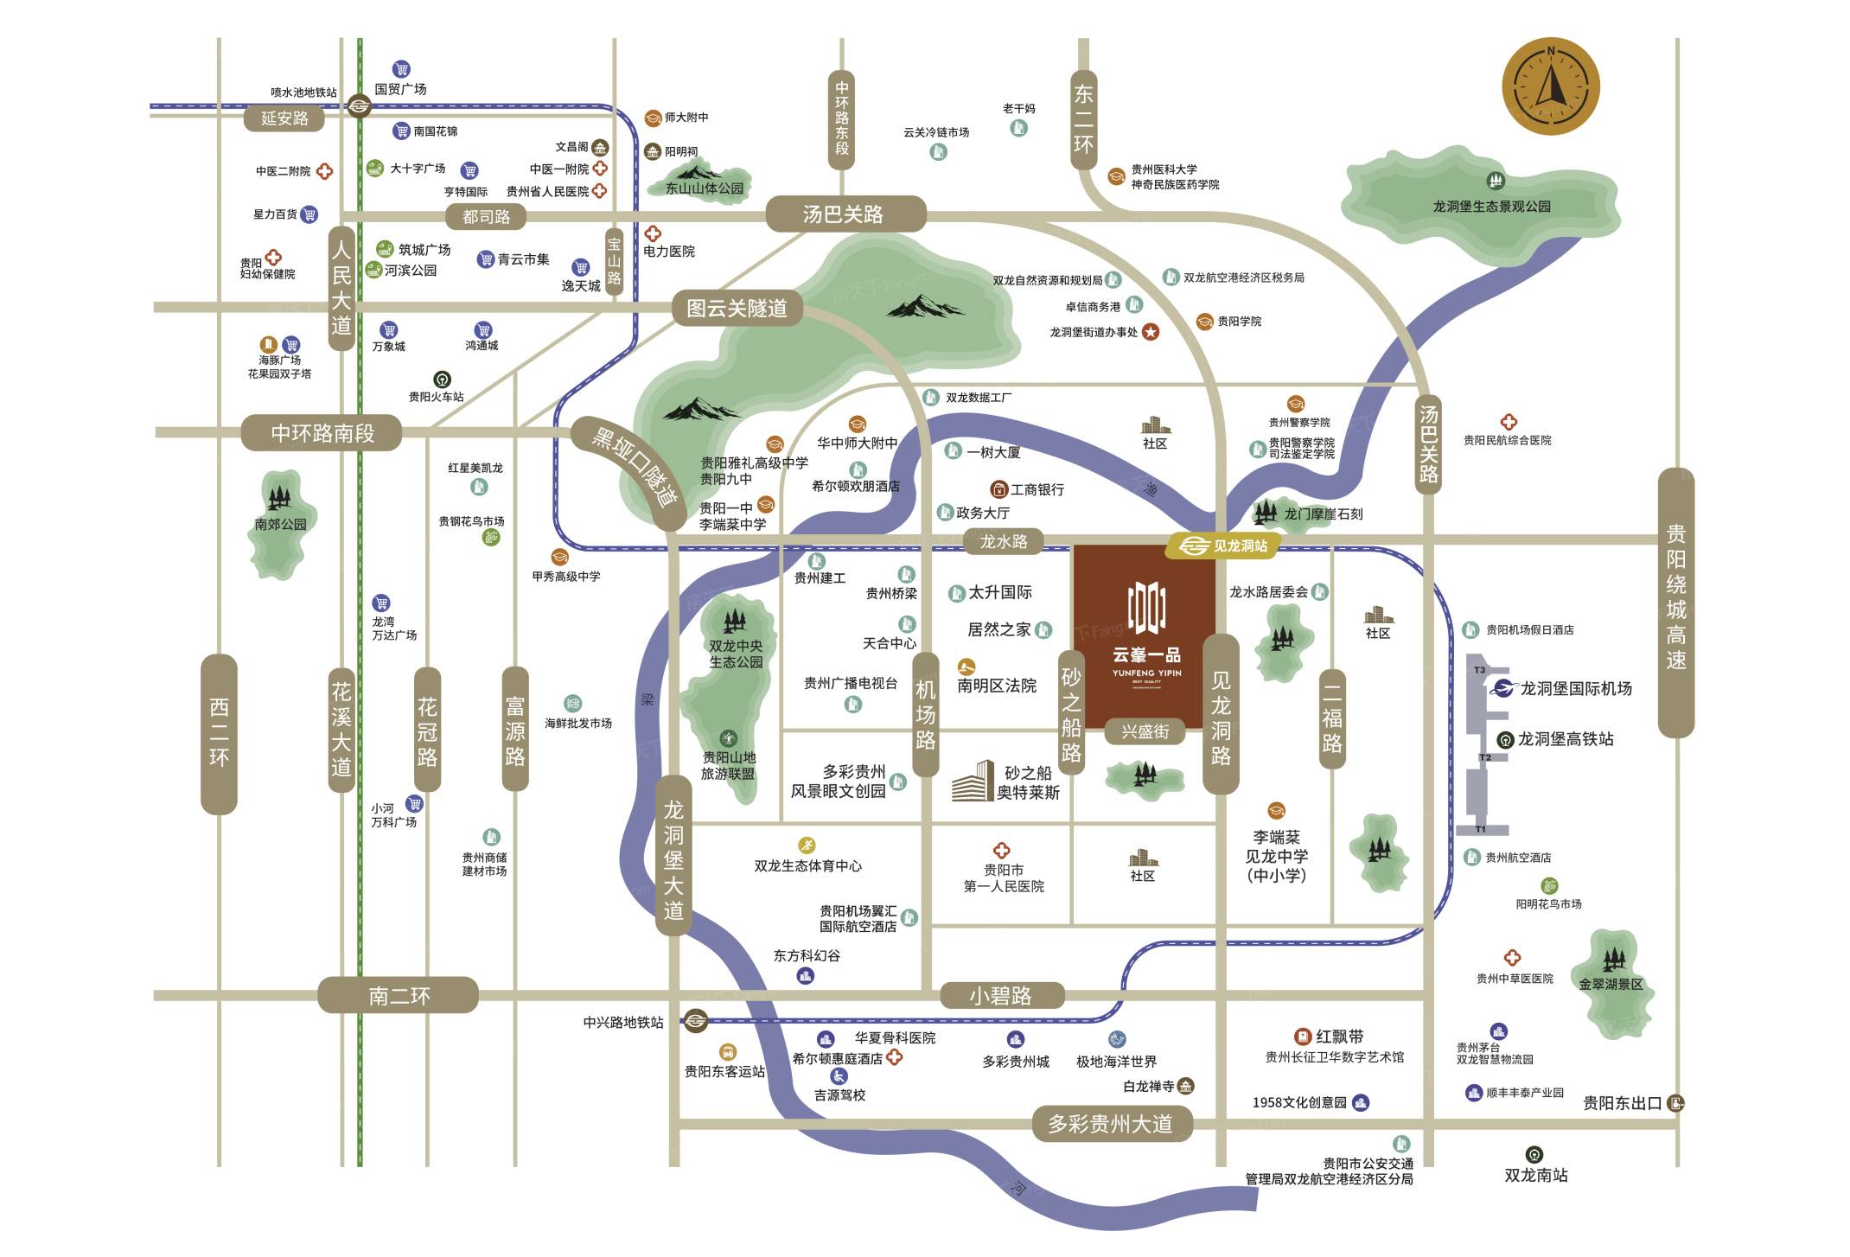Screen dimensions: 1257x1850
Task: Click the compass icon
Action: pyautogui.click(x=1550, y=87)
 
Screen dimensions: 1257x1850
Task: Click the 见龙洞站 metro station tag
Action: pyautogui.click(x=1222, y=546)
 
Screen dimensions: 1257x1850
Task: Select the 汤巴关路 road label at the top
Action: pyautogui.click(x=845, y=214)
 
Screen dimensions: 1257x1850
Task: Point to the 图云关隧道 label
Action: pyautogui.click(x=737, y=308)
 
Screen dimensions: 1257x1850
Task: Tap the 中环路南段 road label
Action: pyautogui.click(x=322, y=433)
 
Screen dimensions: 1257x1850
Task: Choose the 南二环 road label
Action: pyautogui.click(x=398, y=996)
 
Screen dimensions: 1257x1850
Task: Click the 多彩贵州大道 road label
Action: pyautogui.click(x=1111, y=1124)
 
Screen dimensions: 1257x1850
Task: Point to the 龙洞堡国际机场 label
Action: pyautogui.click(x=1575, y=688)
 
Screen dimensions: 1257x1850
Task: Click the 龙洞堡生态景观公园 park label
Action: pyautogui.click(x=1491, y=206)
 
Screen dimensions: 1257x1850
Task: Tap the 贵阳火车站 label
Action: pyautogui.click(x=436, y=397)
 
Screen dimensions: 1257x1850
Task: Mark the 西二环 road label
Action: pyautogui.click(x=219, y=733)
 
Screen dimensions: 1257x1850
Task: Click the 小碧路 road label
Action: pyautogui.click(x=1000, y=996)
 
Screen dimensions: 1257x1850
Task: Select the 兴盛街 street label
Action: pyautogui.click(x=1145, y=732)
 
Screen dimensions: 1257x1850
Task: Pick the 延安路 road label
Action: pyautogui.click(x=284, y=118)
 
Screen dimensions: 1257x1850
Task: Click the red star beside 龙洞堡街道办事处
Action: pyautogui.click(x=1151, y=332)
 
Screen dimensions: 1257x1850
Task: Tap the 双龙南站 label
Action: pyautogui.click(x=1535, y=1175)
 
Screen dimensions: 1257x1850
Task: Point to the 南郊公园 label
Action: pyautogui.click(x=280, y=524)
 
